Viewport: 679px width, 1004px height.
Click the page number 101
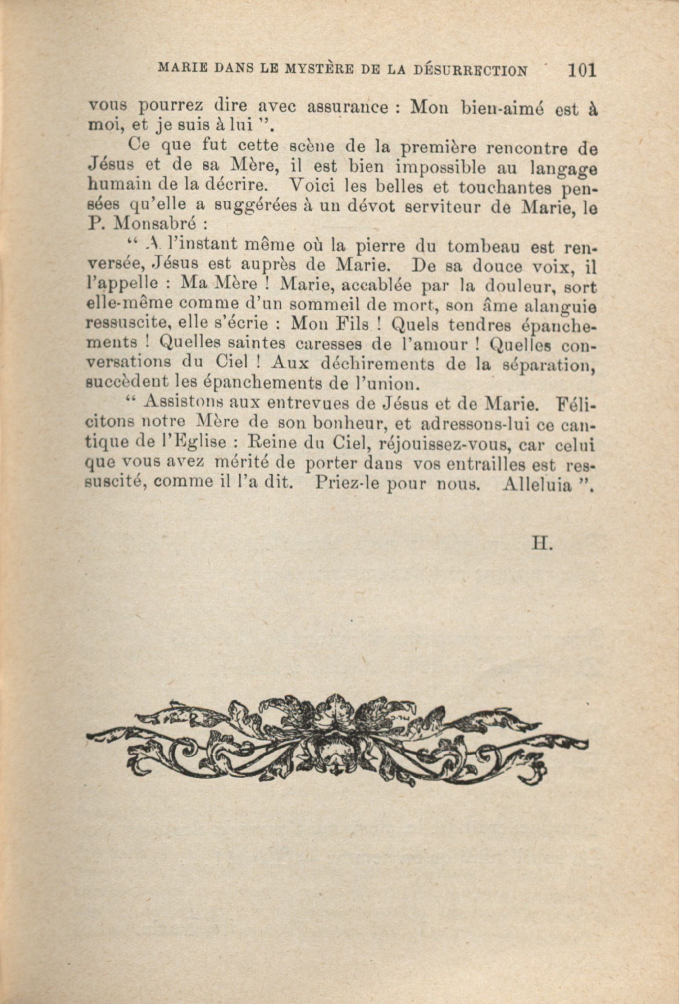(582, 70)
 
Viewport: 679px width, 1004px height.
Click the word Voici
(313, 187)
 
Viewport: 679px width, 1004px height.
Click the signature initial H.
(541, 544)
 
